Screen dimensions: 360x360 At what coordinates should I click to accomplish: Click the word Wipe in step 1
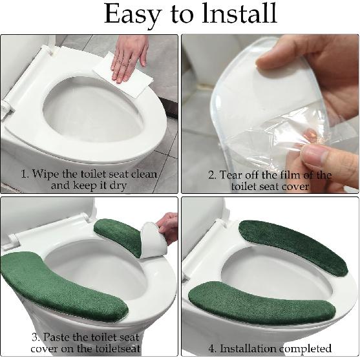pyautogui.click(x=48, y=173)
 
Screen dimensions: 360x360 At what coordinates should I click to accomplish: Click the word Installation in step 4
pyautogui.click(x=248, y=348)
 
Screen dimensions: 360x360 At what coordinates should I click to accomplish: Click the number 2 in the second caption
pyautogui.click(x=211, y=175)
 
